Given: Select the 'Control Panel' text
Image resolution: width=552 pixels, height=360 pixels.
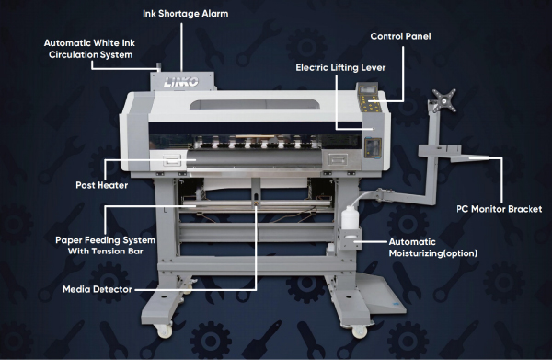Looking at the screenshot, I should pos(400,36).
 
